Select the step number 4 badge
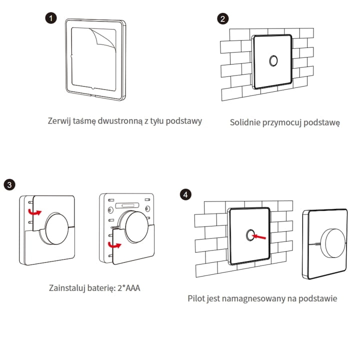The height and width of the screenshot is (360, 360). click(186, 194)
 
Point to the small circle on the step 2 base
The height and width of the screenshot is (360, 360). click(273, 61)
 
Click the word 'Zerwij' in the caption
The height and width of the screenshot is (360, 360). click(59, 121)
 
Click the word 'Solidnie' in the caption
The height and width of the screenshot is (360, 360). click(245, 122)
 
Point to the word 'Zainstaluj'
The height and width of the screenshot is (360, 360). click(68, 288)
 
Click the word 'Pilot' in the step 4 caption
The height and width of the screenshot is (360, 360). click(196, 298)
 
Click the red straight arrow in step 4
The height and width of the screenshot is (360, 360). click(260, 235)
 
